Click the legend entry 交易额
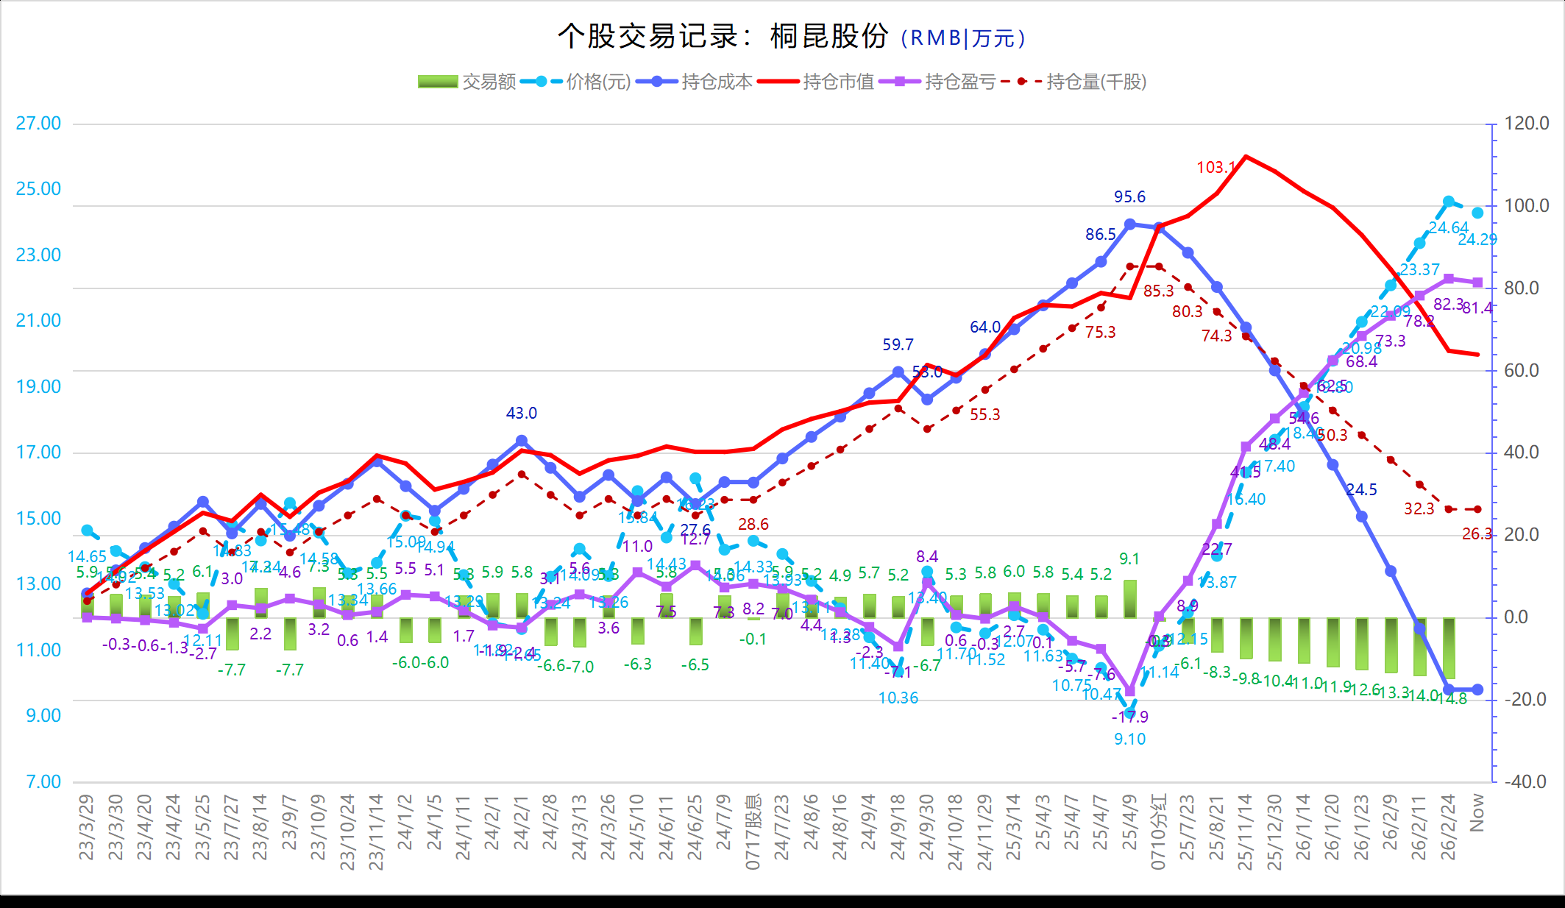pyautogui.click(x=489, y=82)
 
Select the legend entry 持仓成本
pyautogui.click(x=717, y=82)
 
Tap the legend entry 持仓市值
pyautogui.click(x=838, y=82)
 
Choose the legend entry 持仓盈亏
pyautogui.click(x=959, y=82)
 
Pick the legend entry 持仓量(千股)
pyautogui.click(x=1096, y=82)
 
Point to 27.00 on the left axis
pyautogui.click(x=39, y=123)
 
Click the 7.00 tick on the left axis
pyautogui.click(x=43, y=781)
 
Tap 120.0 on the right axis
pyautogui.click(x=1526, y=123)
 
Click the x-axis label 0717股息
pyautogui.click(x=753, y=831)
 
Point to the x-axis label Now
pyautogui.click(x=1477, y=812)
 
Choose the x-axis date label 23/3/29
pyautogui.click(x=87, y=827)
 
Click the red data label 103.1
pyautogui.click(x=1216, y=168)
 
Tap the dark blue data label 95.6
pyautogui.click(x=1129, y=196)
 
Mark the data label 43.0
pyautogui.click(x=521, y=413)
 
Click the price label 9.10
pyautogui.click(x=1129, y=739)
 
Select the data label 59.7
pyautogui.click(x=898, y=344)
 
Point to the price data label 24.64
pyautogui.click(x=1448, y=228)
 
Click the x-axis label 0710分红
pyautogui.click(x=1158, y=831)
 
